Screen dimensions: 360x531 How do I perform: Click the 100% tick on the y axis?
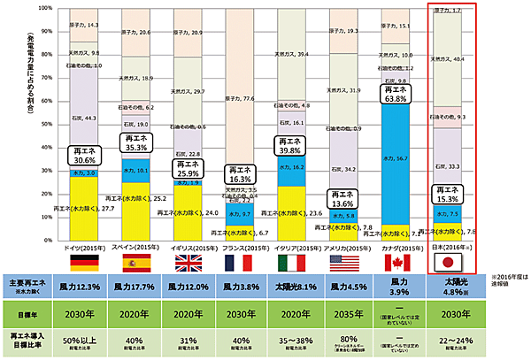pyautogui.click(x=42, y=9)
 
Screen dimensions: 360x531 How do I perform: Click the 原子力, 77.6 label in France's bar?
pyautogui.click(x=242, y=98)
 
